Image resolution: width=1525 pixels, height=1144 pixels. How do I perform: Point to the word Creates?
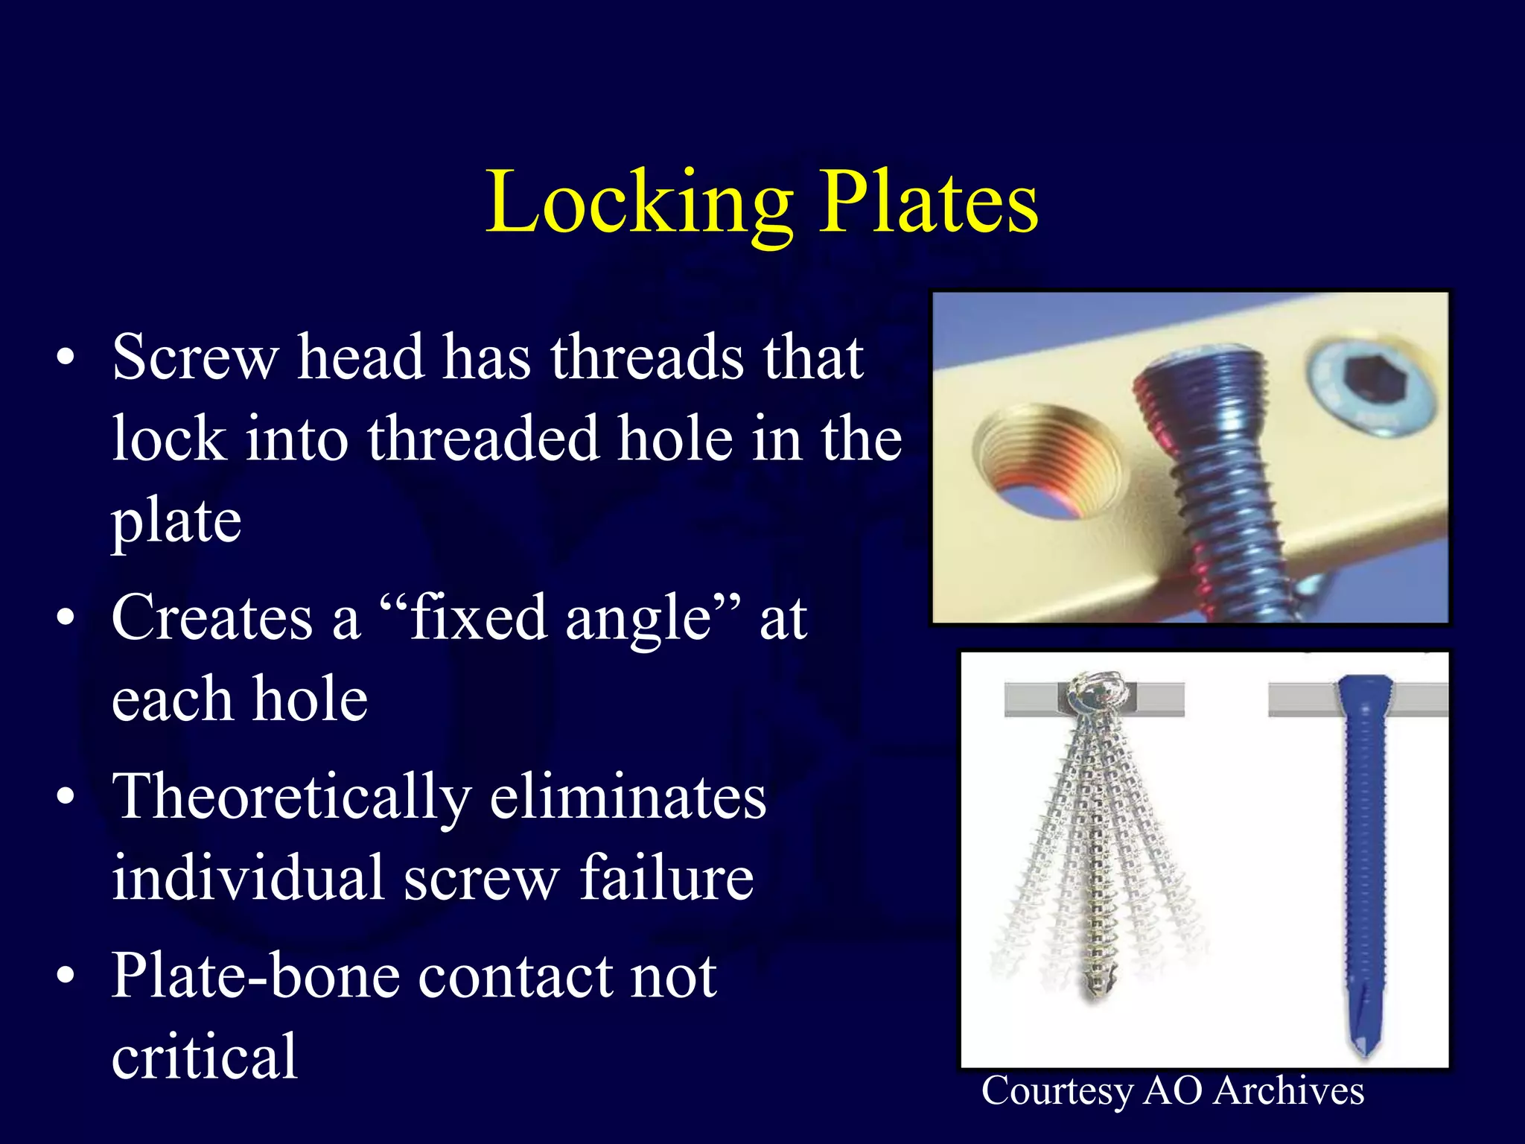[212, 618]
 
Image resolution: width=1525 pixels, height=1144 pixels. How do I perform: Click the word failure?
[667, 879]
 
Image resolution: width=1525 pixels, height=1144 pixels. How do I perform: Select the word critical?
[205, 1058]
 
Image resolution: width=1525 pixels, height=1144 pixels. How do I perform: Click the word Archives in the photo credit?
[1288, 1092]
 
